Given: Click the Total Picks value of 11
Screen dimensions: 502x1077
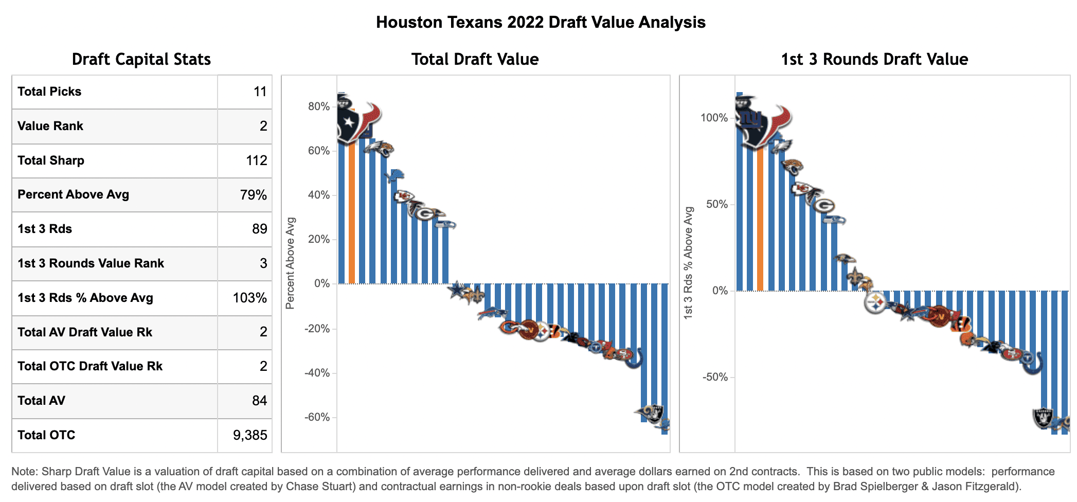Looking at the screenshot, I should pyautogui.click(x=260, y=92).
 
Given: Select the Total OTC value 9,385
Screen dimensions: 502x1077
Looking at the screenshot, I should pyautogui.click(x=250, y=435).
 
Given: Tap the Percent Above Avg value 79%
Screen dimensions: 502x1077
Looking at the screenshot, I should pyautogui.click(x=253, y=195).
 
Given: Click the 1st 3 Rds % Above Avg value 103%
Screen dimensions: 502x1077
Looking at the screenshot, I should pyautogui.click(x=249, y=298).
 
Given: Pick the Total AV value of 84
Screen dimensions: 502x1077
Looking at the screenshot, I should pyautogui.click(x=259, y=401).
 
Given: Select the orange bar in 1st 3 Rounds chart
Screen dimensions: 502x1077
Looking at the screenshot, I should pyautogui.click(x=760, y=221).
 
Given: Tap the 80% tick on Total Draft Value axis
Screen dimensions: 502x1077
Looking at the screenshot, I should pyautogui.click(x=319, y=106).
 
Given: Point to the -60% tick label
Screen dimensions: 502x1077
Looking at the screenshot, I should pyautogui.click(x=317, y=417).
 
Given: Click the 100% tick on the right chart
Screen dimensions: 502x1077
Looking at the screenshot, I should pyautogui.click(x=714, y=118).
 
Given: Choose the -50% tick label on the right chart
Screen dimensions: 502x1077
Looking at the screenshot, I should pyautogui.click(x=715, y=377).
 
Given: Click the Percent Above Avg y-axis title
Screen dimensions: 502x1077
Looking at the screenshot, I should pyautogui.click(x=290, y=263).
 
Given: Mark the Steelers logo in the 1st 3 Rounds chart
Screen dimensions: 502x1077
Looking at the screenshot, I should pyautogui.click(x=875, y=303).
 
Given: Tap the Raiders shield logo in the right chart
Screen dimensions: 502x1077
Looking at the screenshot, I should pyautogui.click(x=1043, y=418).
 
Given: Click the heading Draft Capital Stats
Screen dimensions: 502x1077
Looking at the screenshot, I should pyautogui.click(x=141, y=59).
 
